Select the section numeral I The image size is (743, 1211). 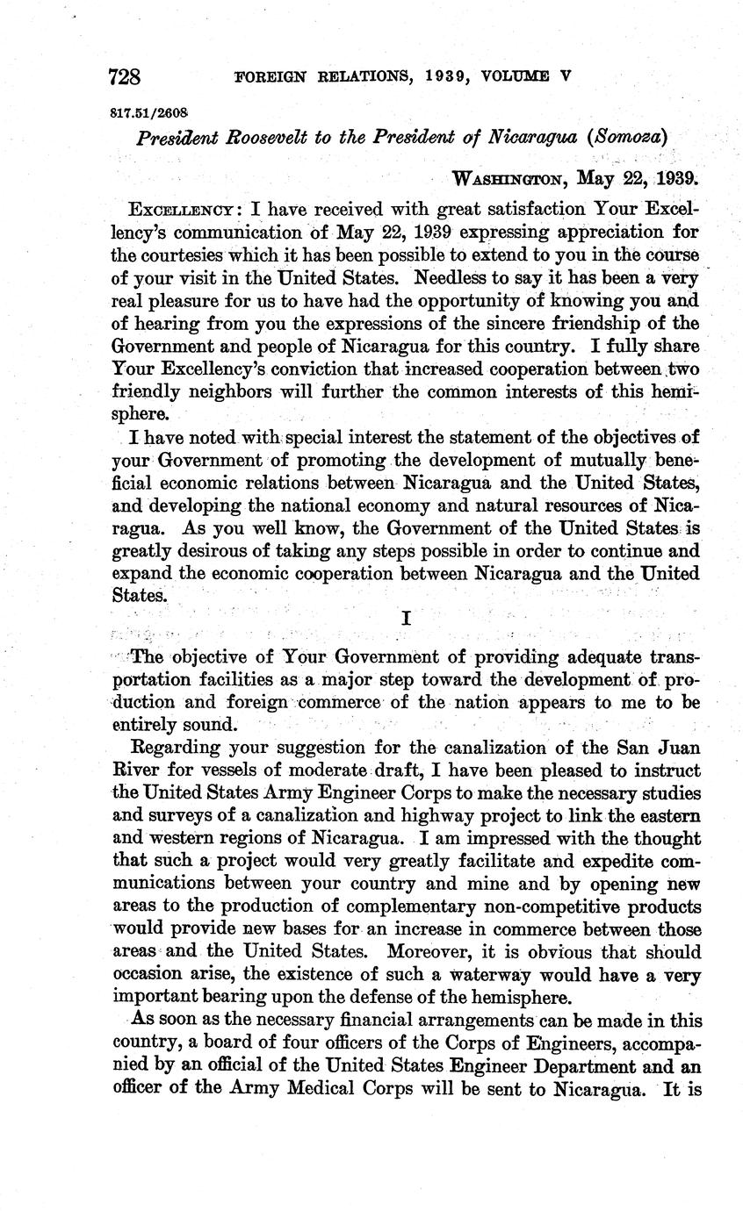click(406, 617)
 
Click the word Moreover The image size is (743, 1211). click(451, 951)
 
